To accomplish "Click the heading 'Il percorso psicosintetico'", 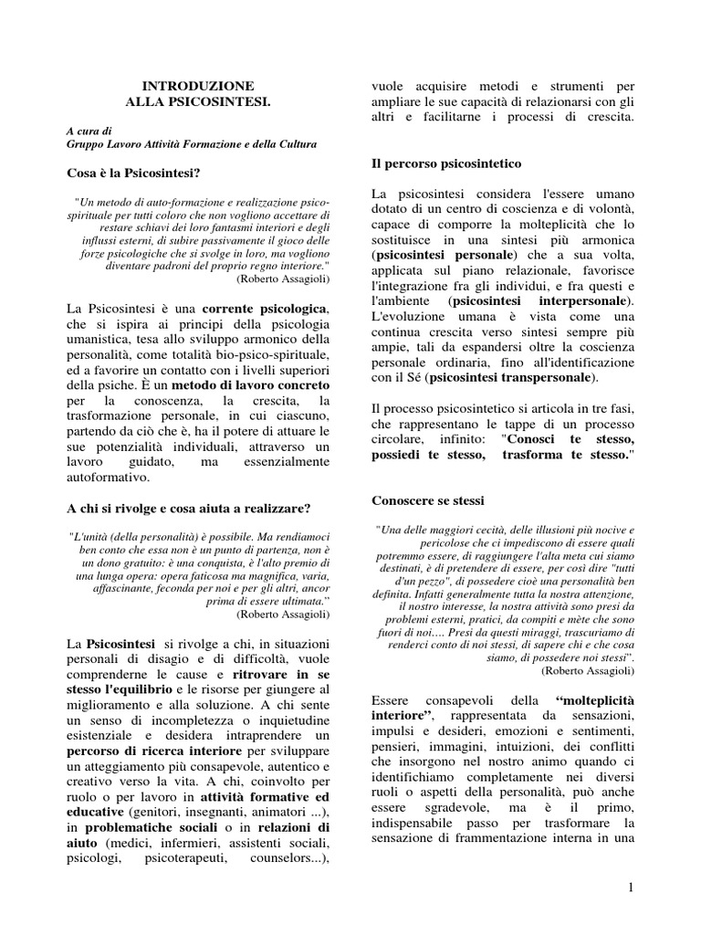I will click(x=446, y=163).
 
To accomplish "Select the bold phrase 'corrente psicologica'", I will click(x=266, y=310).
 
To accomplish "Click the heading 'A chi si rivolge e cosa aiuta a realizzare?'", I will click(x=189, y=508).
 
